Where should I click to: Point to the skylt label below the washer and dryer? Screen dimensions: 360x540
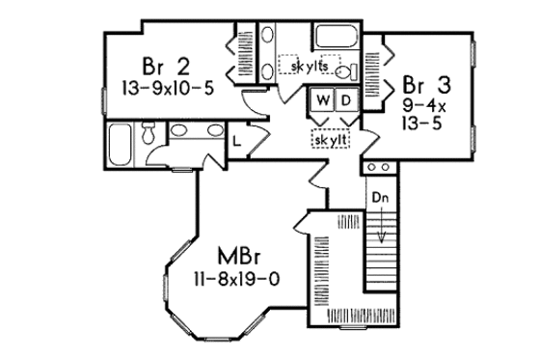[x=330, y=140]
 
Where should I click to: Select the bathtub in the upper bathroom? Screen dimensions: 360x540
[x=339, y=40]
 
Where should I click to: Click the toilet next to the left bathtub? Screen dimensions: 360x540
[x=148, y=135]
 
